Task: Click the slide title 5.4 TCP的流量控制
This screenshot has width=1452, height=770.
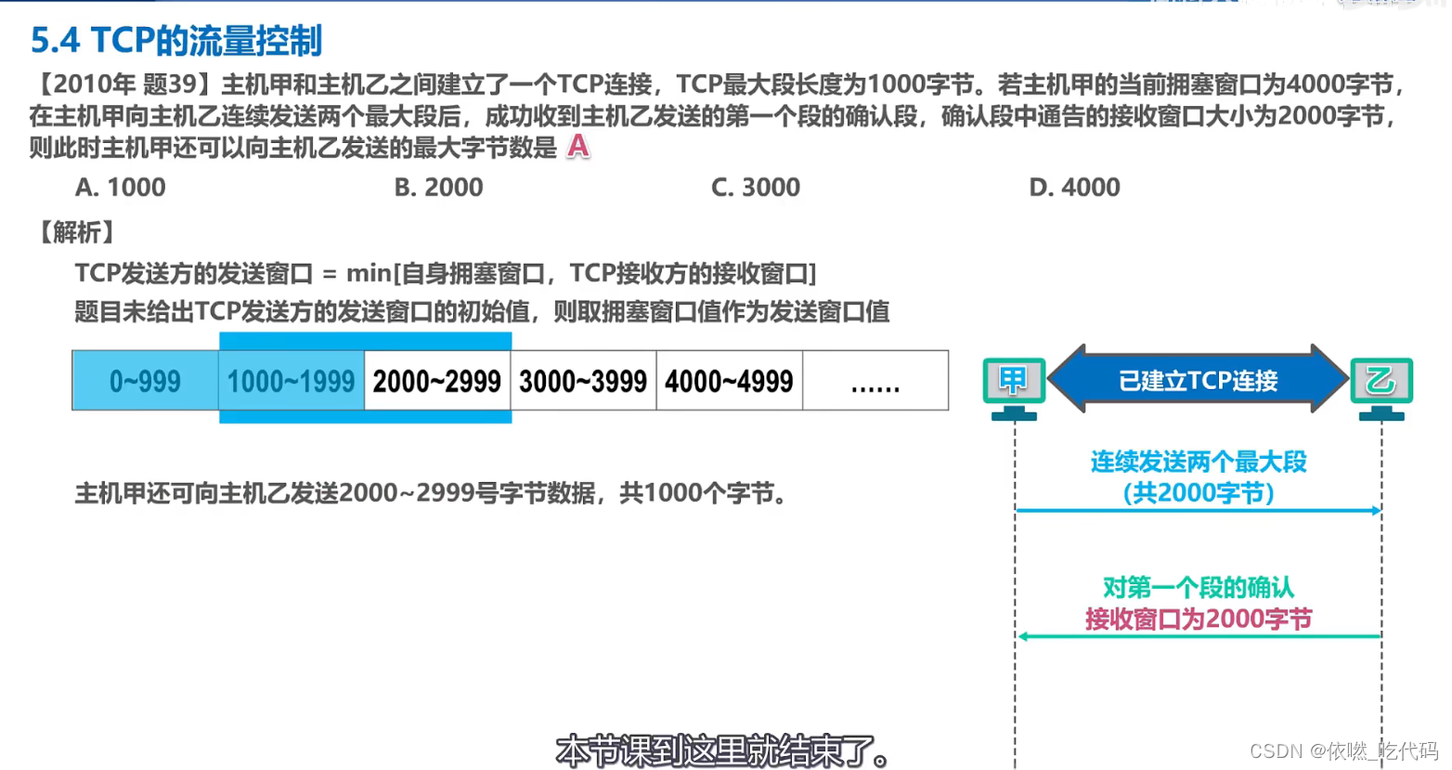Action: [176, 41]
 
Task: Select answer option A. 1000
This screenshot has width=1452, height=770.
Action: [120, 188]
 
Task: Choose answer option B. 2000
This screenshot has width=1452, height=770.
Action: [438, 188]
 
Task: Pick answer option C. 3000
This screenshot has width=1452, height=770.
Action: [755, 188]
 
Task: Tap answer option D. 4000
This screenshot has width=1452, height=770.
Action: [1074, 188]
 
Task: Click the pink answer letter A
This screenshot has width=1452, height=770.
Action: [577, 147]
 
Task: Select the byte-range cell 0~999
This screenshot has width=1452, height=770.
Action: [145, 381]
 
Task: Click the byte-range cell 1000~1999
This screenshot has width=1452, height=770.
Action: [291, 381]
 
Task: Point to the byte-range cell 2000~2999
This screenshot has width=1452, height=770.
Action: [436, 381]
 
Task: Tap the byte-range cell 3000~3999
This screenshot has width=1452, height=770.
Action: [583, 381]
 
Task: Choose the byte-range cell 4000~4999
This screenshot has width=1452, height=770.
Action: [729, 381]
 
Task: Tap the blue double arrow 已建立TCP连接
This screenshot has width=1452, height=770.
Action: [1198, 380]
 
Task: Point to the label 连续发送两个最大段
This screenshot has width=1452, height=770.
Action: [1198, 462]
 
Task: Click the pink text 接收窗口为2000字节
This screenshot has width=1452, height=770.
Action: [1198, 619]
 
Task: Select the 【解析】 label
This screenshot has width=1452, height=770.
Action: [76, 232]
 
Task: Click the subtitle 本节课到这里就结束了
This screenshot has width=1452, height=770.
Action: [722, 750]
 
